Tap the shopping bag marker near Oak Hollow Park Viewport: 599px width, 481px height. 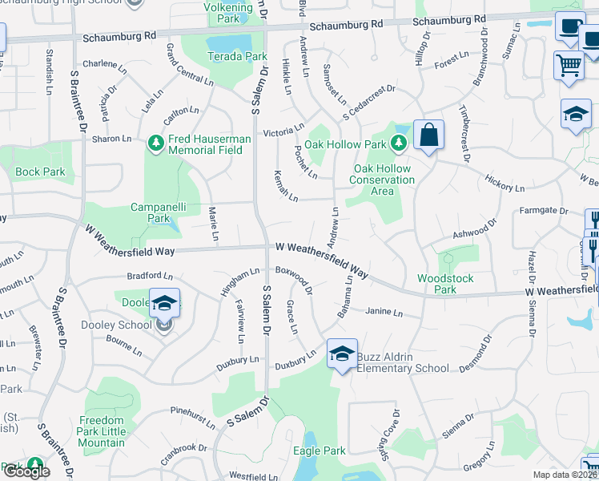click(x=429, y=135)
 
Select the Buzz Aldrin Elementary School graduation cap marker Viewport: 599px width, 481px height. click(x=342, y=354)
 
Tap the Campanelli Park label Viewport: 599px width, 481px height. click(x=159, y=212)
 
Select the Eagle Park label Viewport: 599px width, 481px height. click(x=319, y=451)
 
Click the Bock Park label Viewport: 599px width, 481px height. click(x=40, y=172)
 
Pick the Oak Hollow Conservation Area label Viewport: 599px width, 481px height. click(x=382, y=180)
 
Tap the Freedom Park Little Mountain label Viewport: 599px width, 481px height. click(x=102, y=431)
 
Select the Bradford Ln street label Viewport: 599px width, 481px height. click(x=150, y=277)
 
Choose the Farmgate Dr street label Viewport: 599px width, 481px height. click(x=543, y=212)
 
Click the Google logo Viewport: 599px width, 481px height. click(x=26, y=471)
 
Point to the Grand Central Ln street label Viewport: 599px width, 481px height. click(x=189, y=66)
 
